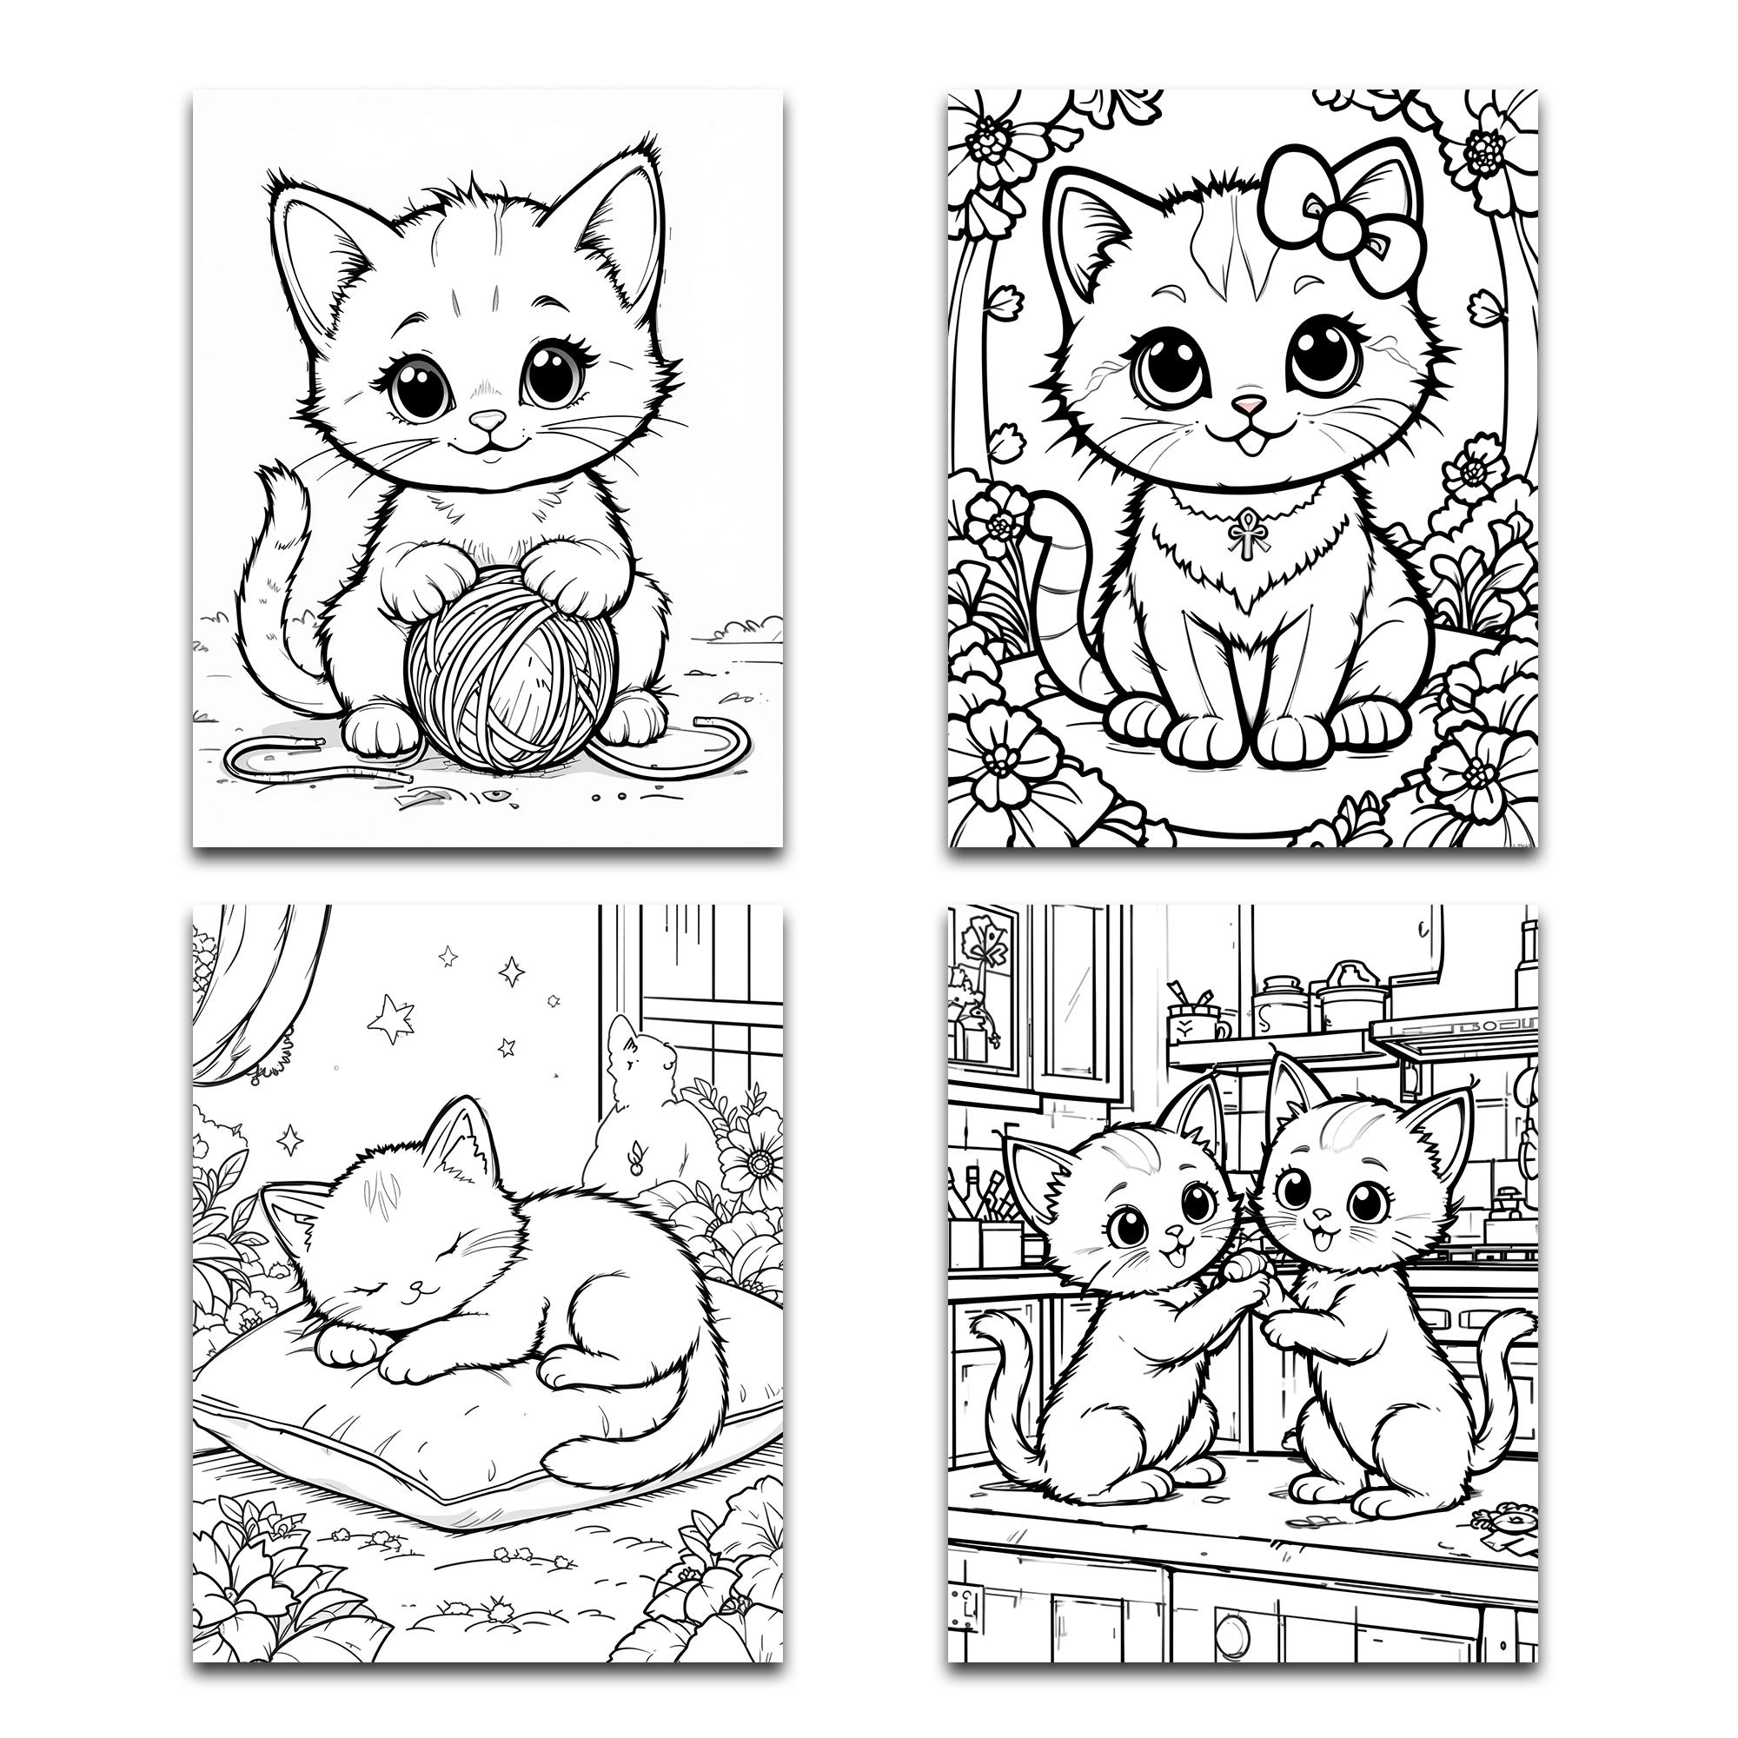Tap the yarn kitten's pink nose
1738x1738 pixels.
(488, 419)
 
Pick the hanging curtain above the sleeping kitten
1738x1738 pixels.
(261, 998)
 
